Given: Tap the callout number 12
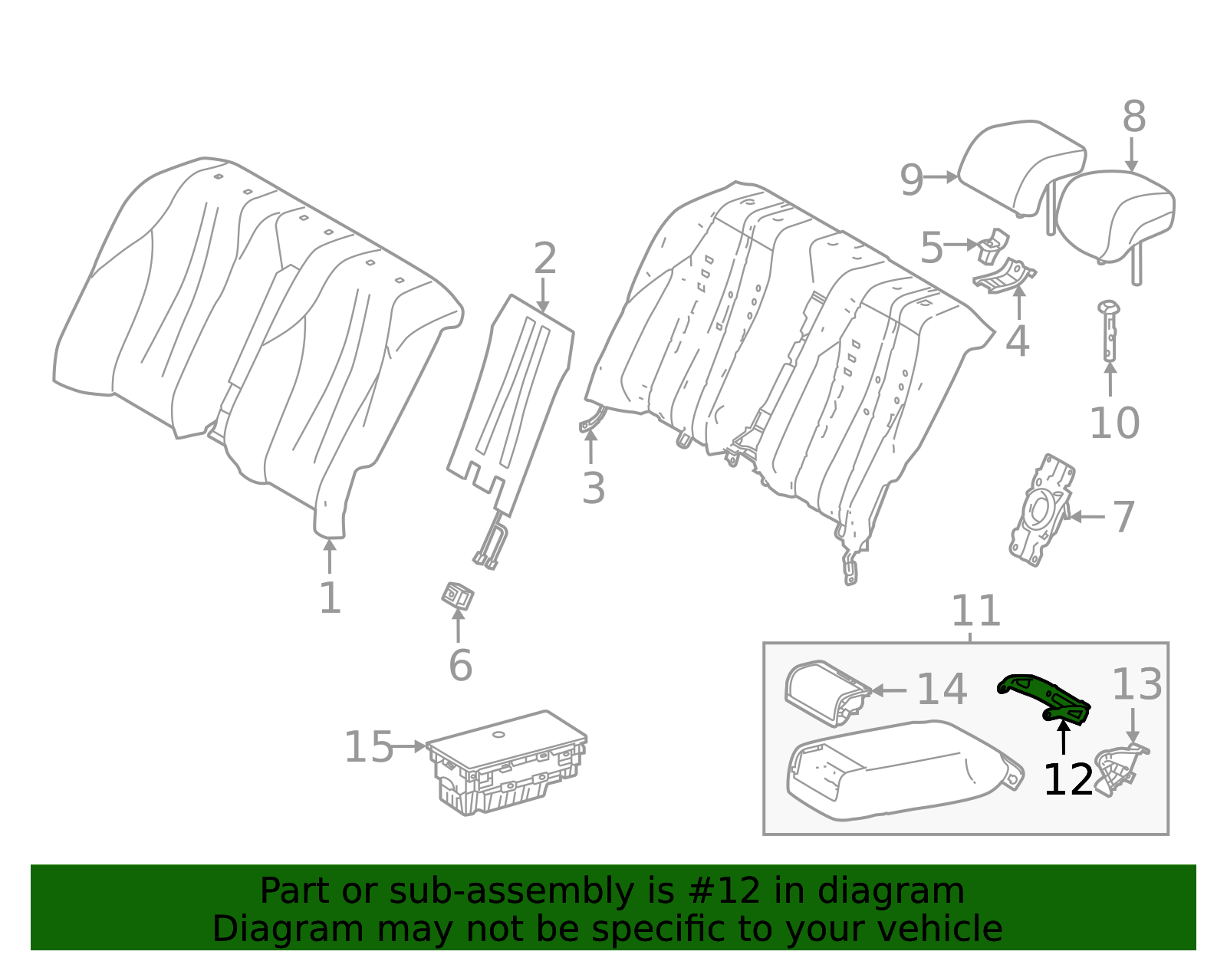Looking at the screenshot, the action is pos(1067,780).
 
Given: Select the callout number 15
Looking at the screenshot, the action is pos(368,747).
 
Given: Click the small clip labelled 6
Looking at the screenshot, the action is pos(457,596).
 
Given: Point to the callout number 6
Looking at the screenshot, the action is pos(460,665).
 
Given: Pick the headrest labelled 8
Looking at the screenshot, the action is pos(1115,217).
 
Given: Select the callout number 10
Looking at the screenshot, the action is pos(1114,423).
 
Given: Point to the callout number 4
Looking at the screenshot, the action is pos(1018,341).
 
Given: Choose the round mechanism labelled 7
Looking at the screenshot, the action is pos(1041,510).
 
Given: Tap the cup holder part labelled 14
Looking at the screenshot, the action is pos(827,693).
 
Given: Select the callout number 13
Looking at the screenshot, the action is pos(1137,684).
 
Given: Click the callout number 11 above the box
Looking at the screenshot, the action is pos(975,611).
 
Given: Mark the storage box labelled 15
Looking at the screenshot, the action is pos(506,762).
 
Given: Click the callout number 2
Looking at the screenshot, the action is pos(545,258).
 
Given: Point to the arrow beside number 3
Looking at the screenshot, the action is pos(590,446).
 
